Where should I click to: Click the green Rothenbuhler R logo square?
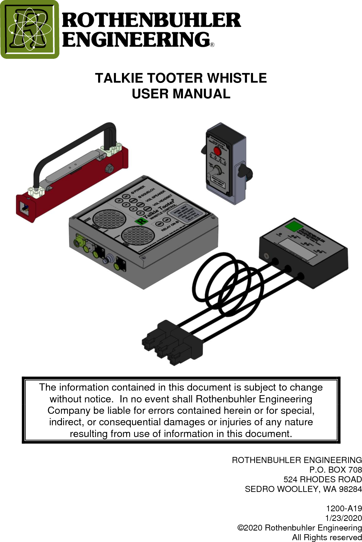click(30, 29)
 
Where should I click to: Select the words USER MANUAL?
click(181, 94)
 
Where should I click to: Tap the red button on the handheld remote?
click(217, 151)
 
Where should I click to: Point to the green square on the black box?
click(294, 226)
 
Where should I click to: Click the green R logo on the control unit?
click(141, 221)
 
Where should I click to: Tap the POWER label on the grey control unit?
click(139, 189)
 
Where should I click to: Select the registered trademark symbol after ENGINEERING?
click(212, 45)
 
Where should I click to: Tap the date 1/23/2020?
click(343, 518)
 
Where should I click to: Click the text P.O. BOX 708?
click(335, 470)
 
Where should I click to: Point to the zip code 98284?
click(350, 489)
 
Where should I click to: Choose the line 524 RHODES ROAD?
click(322, 480)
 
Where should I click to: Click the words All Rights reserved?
click(327, 537)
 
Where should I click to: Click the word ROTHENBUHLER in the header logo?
click(151, 20)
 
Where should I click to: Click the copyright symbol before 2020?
click(240, 528)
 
